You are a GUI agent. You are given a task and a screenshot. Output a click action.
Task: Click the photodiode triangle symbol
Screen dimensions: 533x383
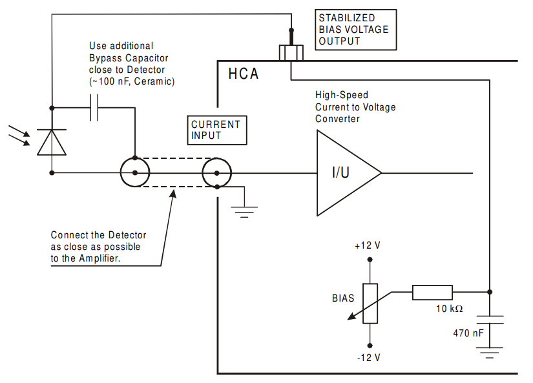click(52, 142)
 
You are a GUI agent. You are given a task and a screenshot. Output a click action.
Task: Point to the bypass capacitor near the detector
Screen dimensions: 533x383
click(94, 108)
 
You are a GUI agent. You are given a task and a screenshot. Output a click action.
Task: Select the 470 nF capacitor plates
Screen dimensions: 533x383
click(490, 320)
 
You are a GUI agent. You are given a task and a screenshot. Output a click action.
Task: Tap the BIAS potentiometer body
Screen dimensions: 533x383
click(370, 303)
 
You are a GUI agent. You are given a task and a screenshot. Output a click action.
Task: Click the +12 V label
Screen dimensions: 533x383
click(368, 245)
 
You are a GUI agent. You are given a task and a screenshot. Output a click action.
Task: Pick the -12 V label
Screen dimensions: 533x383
click(369, 358)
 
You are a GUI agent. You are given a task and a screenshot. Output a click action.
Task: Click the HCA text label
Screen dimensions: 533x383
click(244, 74)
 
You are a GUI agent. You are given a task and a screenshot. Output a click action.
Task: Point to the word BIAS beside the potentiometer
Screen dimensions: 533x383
click(343, 298)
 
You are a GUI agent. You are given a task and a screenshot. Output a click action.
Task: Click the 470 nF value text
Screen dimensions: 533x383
click(468, 333)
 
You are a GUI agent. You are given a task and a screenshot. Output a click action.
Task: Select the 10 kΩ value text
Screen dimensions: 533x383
click(450, 309)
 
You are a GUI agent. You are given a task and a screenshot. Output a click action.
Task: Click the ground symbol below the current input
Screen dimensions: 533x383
click(244, 211)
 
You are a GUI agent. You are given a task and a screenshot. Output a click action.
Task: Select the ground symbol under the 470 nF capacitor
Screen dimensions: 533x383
click(490, 353)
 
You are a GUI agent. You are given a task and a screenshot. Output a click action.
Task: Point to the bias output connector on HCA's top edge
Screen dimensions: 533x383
click(291, 53)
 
